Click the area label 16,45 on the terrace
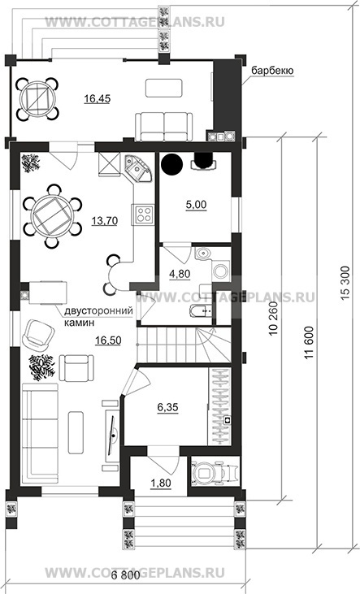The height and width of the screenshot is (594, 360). click(x=98, y=99)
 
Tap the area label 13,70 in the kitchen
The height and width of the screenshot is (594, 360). click(x=104, y=220)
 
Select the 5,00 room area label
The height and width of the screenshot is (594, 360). click(x=197, y=205)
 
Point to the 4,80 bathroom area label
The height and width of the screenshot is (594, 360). click(x=180, y=274)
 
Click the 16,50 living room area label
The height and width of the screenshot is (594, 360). click(x=108, y=340)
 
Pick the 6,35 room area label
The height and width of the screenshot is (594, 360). click(x=167, y=408)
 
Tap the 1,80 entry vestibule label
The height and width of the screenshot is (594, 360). click(x=161, y=483)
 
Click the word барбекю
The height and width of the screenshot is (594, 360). click(x=272, y=71)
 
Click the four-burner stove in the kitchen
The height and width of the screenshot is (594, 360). click(x=143, y=214)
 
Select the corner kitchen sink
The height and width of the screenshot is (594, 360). click(x=137, y=168)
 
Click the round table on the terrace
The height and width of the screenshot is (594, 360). click(x=38, y=100)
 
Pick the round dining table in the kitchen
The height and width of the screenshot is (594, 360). click(x=52, y=216)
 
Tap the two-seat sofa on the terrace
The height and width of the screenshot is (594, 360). click(x=163, y=127)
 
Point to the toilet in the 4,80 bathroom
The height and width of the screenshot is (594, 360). click(x=202, y=254)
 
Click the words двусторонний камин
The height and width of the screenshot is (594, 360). click(x=98, y=317)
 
